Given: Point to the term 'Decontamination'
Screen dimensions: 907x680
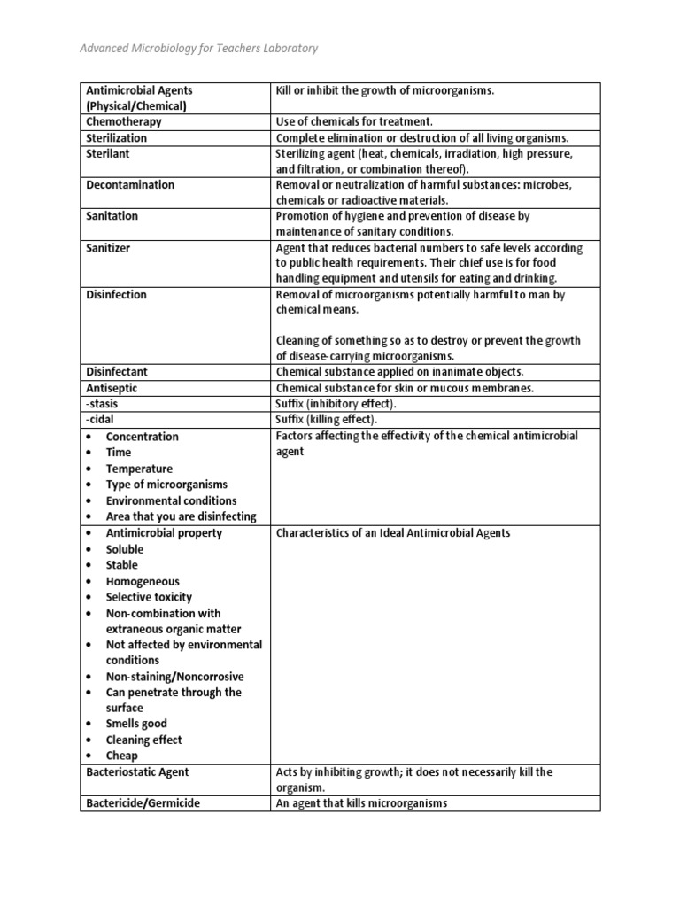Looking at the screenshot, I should coord(130,185).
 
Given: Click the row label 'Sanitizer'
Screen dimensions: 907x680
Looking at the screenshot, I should coord(108,248).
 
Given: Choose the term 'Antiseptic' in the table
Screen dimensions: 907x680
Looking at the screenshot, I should coord(112,388).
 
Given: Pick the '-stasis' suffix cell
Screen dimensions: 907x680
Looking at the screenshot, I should coord(102,404).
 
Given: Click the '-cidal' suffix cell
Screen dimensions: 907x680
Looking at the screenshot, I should coord(100,420).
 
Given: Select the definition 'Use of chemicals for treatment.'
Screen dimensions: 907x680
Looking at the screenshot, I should coord(354,122).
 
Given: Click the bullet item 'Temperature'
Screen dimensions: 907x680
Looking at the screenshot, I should coord(139,469).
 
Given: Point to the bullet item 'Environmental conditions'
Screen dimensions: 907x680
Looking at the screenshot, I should coord(171,500).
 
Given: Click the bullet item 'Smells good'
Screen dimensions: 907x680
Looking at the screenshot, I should coord(136,724).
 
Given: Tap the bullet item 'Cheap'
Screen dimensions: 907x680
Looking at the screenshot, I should coord(121,756).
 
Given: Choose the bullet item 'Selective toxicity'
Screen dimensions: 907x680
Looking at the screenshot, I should coord(149,597).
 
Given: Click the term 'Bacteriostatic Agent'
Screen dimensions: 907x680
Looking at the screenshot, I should coord(137,772).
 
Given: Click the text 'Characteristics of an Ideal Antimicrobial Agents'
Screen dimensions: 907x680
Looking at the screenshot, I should coord(393,533).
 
